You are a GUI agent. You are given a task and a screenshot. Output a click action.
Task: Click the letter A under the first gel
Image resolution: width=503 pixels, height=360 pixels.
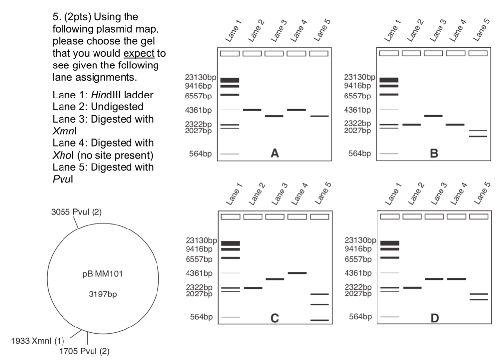click(x=275, y=154)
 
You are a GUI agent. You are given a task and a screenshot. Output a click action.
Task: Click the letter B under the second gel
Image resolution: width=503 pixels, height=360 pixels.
click(x=434, y=154)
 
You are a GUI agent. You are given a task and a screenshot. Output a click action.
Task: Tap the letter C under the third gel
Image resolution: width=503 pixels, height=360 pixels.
click(x=275, y=318)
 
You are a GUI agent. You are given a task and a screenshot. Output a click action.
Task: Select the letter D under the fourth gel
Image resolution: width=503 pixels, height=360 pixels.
click(x=434, y=318)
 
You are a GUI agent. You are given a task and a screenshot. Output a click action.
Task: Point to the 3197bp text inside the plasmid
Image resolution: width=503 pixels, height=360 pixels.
click(x=102, y=295)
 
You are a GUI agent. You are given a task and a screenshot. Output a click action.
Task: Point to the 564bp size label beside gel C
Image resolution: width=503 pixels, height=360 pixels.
click(x=202, y=317)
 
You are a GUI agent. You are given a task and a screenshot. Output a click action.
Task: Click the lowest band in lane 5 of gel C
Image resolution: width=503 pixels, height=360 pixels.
click(x=319, y=320)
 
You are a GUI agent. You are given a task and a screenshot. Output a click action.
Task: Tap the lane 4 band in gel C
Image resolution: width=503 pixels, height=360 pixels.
click(x=297, y=273)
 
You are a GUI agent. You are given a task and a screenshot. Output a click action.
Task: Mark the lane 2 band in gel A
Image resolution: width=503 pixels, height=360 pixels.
click(x=252, y=110)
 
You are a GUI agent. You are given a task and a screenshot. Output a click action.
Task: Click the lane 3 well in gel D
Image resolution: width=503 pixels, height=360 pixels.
click(x=433, y=216)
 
